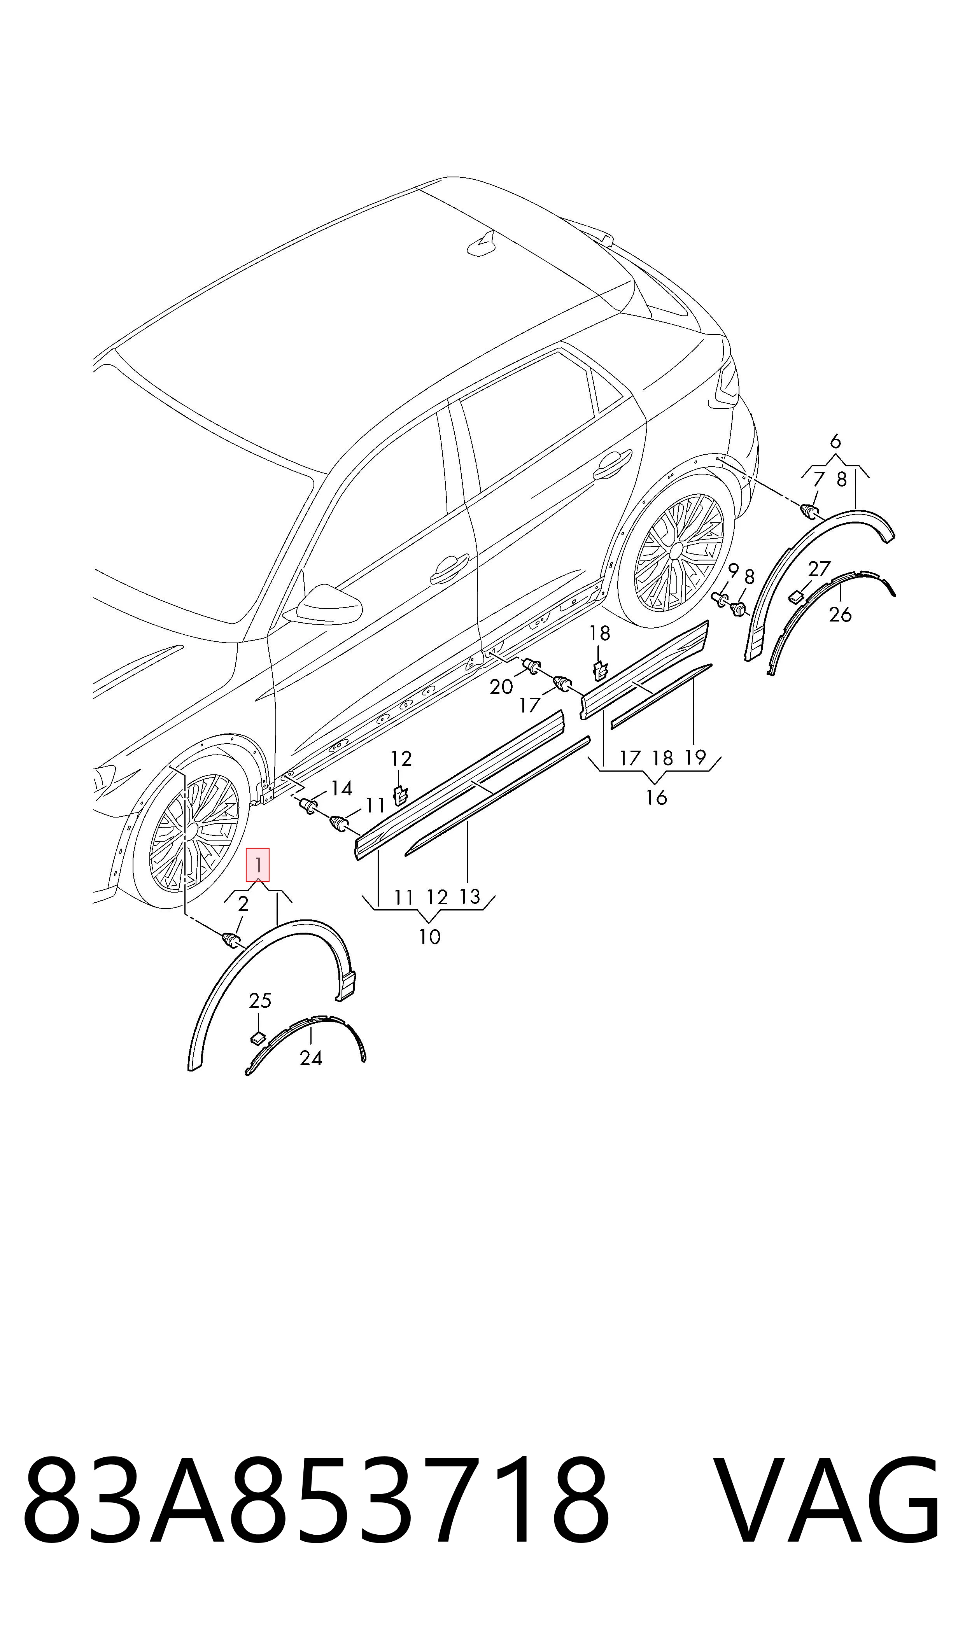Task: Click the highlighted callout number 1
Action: click(x=257, y=865)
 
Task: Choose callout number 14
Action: click(x=342, y=789)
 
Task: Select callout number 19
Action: click(x=695, y=757)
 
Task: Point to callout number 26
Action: click(x=840, y=615)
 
